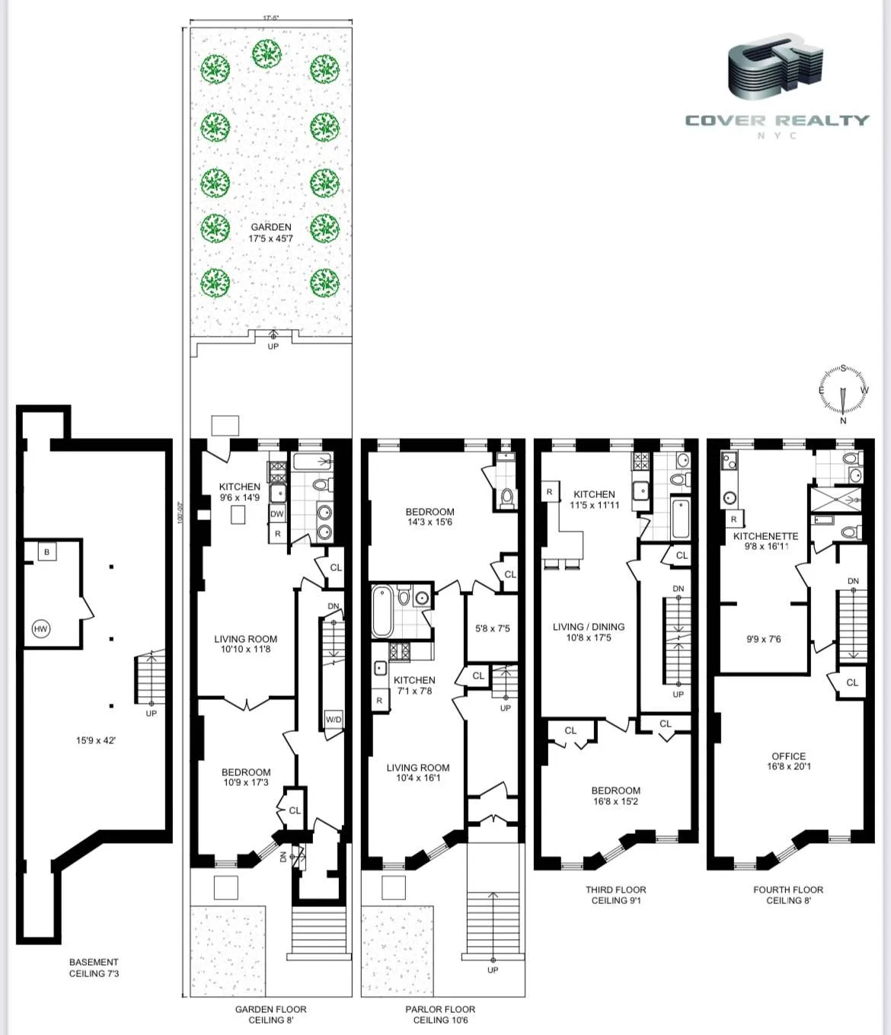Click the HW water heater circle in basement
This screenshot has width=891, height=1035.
pyautogui.click(x=40, y=628)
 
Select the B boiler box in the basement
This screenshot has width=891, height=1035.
pyautogui.click(x=46, y=551)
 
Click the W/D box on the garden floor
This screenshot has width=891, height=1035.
pyautogui.click(x=334, y=719)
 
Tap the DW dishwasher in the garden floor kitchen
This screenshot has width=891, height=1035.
pyautogui.click(x=276, y=514)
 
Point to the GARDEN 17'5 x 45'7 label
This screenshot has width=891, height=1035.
pyautogui.click(x=271, y=232)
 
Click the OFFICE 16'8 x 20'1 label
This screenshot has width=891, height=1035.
pyautogui.click(x=788, y=761)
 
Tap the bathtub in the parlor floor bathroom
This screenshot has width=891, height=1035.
pyautogui.click(x=382, y=610)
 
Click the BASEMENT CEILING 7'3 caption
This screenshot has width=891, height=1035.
pyautogui.click(x=94, y=967)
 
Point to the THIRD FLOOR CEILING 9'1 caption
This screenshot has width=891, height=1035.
pyautogui.click(x=615, y=895)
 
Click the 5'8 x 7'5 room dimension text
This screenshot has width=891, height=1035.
pyautogui.click(x=492, y=628)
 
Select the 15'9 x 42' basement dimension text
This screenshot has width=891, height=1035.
pyautogui.click(x=95, y=740)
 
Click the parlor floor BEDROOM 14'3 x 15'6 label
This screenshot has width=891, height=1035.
pyautogui.click(x=430, y=516)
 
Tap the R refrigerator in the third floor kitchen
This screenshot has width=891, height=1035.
pyautogui.click(x=549, y=492)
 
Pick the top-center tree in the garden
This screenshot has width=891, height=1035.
pyautogui.click(x=267, y=53)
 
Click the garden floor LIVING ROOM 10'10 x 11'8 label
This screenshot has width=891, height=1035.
pyautogui.click(x=245, y=644)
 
